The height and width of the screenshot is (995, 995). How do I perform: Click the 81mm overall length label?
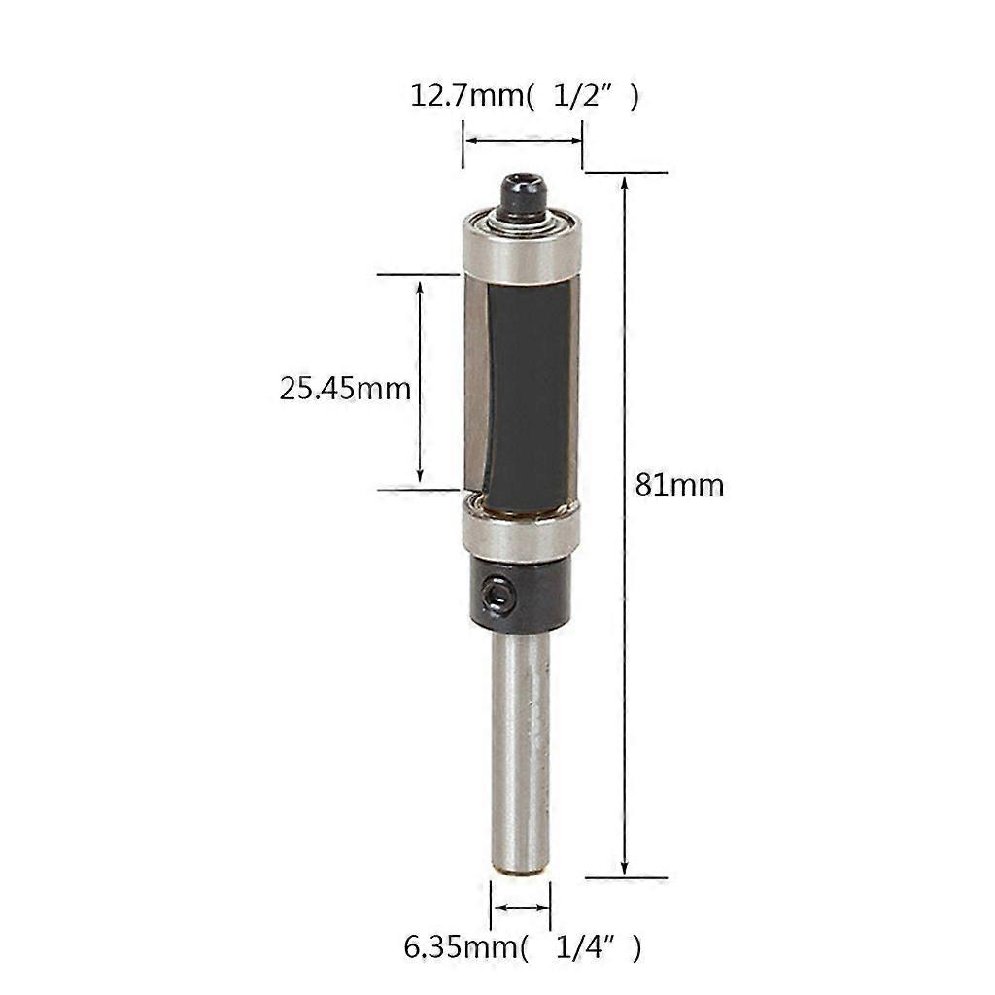pos(679,486)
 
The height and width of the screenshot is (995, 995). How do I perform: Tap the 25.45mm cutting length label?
pos(345,389)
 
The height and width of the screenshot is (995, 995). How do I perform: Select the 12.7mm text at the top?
pos(467,96)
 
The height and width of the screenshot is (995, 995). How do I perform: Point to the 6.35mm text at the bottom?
pos(462,948)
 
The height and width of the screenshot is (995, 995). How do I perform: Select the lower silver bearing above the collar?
pos(521,530)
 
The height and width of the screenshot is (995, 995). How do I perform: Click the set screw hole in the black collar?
pos(497,595)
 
